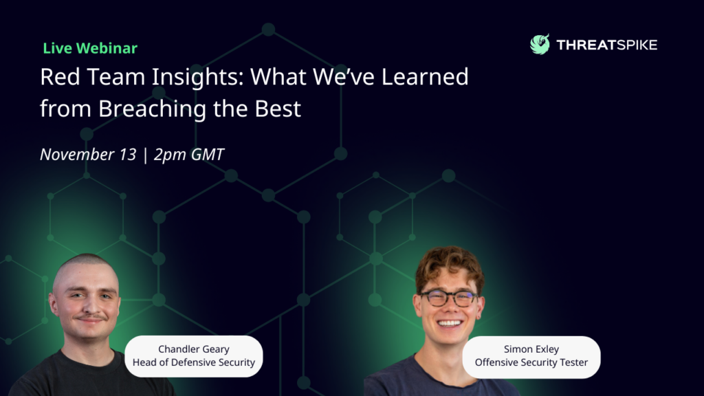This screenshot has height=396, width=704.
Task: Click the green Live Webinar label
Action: point(90,48)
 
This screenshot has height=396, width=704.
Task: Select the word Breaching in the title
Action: point(152,109)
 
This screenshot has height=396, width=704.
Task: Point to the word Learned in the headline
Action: point(425,76)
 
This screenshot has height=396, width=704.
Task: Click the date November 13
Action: point(88,155)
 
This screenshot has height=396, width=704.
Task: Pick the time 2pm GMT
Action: point(188,155)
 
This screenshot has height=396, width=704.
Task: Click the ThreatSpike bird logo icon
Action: point(540,44)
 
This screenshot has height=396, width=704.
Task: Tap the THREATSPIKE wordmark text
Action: point(606,45)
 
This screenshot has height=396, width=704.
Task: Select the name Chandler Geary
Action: point(193,349)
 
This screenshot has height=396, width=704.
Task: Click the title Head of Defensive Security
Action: point(193,362)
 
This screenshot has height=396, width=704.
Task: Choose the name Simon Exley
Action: point(531,349)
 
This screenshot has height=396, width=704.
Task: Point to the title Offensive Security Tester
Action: point(531,362)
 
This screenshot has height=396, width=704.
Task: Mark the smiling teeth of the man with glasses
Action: point(450,323)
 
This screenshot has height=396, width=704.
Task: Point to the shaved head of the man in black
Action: point(85,269)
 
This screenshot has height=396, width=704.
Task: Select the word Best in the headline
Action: point(278,109)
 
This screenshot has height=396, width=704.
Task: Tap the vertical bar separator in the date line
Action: point(145,155)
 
